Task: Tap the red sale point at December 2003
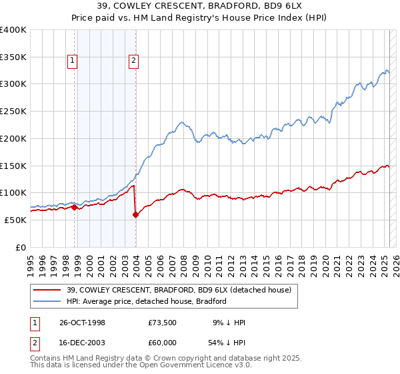coord(136,214)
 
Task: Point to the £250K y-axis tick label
coord(13,111)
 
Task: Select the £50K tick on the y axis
coord(16,220)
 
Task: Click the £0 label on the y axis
coord(22,247)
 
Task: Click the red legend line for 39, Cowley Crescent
coord(47,291)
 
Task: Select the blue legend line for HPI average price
coord(47,301)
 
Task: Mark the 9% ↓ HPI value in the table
coord(229,323)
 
